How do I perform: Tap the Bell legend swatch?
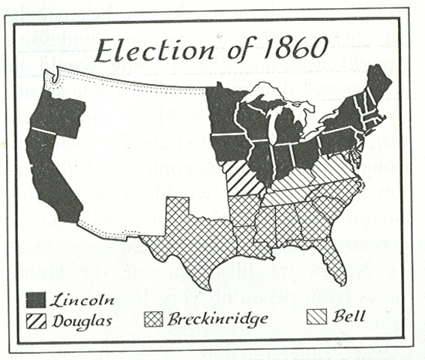[x=320, y=318]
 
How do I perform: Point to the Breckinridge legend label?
[x=217, y=319]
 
